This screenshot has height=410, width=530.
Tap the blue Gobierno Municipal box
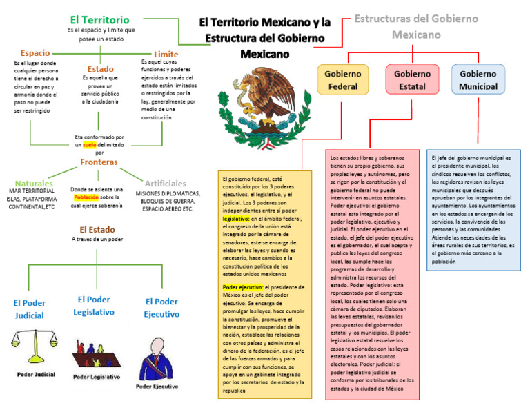[478, 79]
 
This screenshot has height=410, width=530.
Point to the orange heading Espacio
[35, 52]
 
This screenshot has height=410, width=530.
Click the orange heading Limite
[166, 54]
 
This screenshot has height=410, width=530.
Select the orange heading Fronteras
[98, 162]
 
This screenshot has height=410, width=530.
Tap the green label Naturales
[34, 184]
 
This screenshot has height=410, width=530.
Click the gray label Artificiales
[166, 184]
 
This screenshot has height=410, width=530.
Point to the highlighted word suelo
[89, 146]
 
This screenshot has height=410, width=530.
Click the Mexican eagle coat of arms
[261, 104]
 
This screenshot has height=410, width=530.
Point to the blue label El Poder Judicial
[29, 309]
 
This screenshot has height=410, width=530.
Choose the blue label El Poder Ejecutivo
[161, 308]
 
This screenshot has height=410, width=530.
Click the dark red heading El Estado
[97, 229]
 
